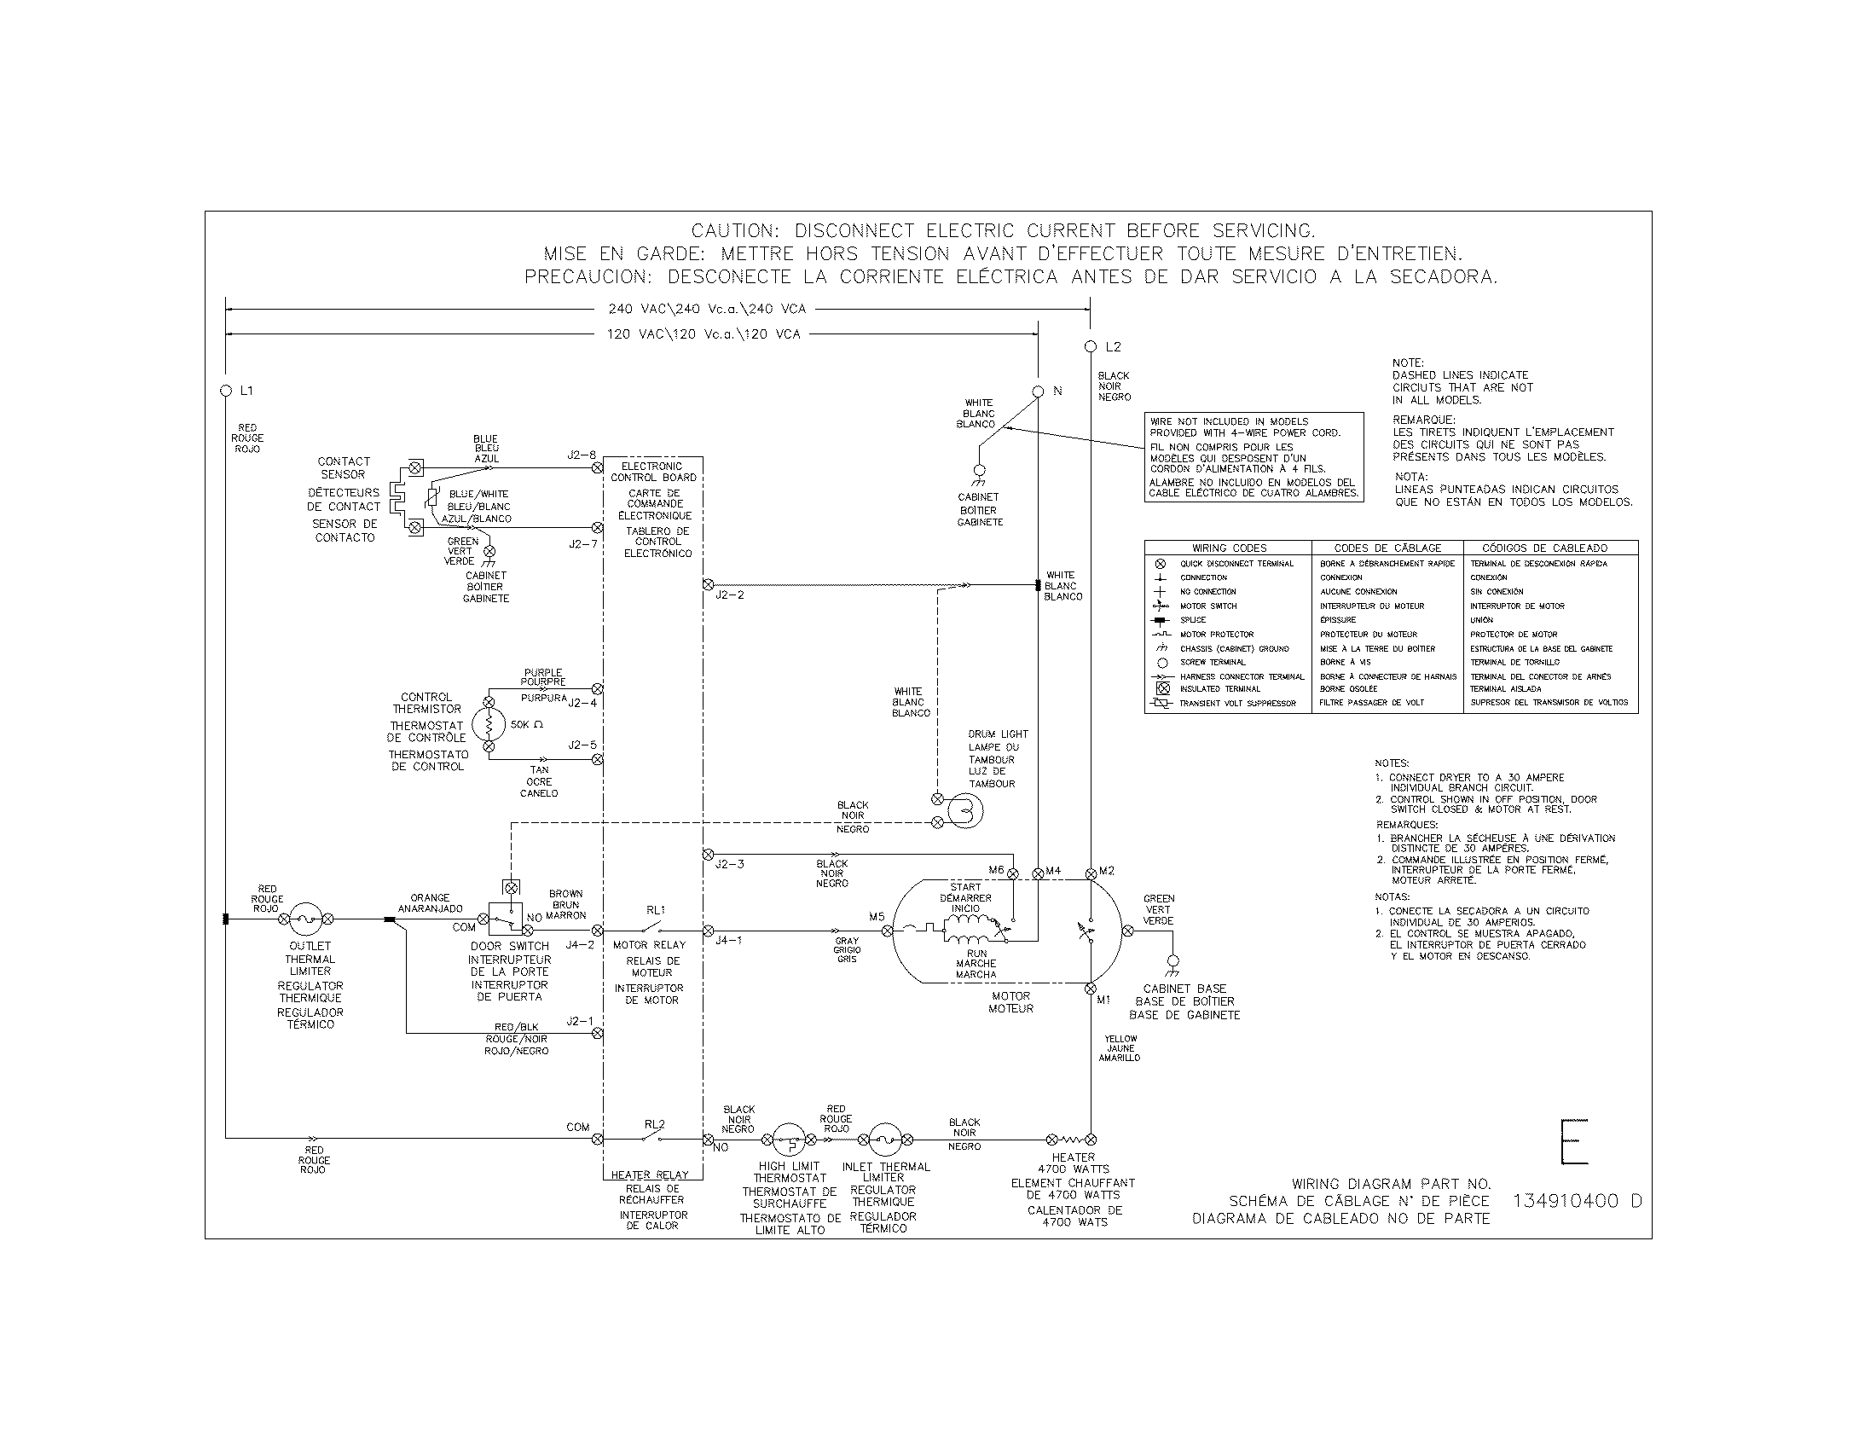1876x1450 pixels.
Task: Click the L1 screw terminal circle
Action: click(226, 391)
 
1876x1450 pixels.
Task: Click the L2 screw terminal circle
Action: click(1091, 347)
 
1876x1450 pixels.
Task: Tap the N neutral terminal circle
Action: click(1038, 391)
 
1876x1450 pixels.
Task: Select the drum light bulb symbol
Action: click(964, 810)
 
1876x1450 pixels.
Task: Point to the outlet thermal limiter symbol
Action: click(305, 919)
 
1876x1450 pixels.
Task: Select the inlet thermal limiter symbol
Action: click(886, 1140)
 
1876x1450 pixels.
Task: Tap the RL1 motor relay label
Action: click(656, 910)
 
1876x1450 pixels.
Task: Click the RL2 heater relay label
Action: click(655, 1123)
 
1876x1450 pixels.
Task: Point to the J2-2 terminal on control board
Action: click(708, 585)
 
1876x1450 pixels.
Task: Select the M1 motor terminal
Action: click(1091, 989)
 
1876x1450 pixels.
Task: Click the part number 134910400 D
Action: click(1576, 1201)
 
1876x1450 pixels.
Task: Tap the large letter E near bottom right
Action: click(1573, 1141)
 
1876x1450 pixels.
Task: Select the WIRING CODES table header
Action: click(1228, 548)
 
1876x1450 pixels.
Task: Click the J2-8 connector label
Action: click(581, 455)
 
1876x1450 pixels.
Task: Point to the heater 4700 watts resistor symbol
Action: click(1071, 1140)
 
